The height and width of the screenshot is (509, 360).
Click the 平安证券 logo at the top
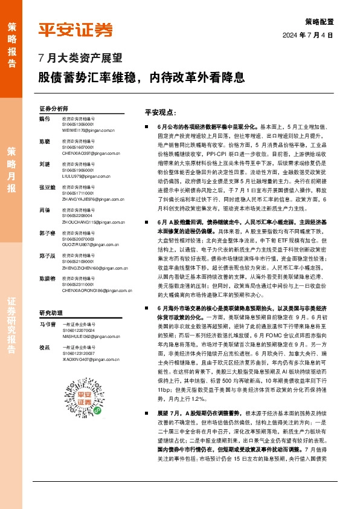pyautogui.click(x=76, y=29)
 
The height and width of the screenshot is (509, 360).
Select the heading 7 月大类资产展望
pyautogui.click(x=80, y=59)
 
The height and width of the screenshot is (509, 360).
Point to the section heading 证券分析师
pyautogui.click(x=54, y=109)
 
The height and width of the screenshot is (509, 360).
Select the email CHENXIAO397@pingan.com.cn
pyautogui.click(x=89, y=154)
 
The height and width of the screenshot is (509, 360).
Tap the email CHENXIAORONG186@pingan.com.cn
pyautogui.click(x=97, y=272)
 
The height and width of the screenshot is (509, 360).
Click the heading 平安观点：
pyautogui.click(x=159, y=112)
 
